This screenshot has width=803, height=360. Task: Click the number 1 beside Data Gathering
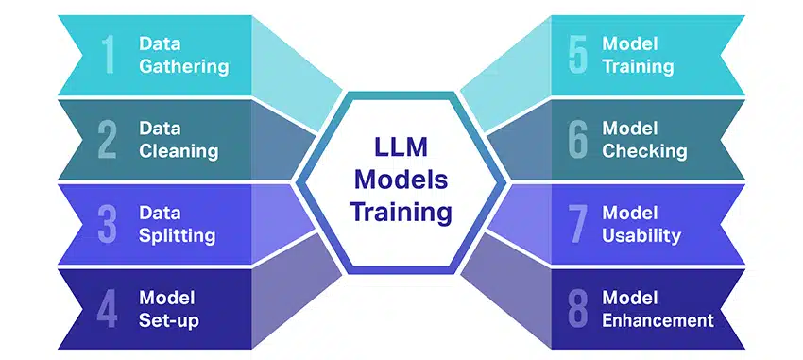109,55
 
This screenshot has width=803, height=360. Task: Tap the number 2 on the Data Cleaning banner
108,139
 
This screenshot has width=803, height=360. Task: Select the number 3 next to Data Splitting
108,224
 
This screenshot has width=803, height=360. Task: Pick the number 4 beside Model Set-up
108,308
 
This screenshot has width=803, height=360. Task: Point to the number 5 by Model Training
578,55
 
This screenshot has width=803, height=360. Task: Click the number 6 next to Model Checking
578,139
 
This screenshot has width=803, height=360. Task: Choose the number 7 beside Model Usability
578,224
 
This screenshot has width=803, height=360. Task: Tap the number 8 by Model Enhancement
578,308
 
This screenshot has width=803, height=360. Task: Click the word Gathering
183,66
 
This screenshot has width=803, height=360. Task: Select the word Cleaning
179,150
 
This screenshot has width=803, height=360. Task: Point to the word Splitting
178,235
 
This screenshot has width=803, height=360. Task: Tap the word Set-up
169,319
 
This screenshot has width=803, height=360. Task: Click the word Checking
644,150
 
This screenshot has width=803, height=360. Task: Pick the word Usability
641,235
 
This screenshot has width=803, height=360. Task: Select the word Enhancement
658,319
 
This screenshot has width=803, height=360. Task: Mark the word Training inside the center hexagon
402,212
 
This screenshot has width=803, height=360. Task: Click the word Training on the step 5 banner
638,66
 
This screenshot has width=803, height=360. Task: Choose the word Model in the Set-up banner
162,298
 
